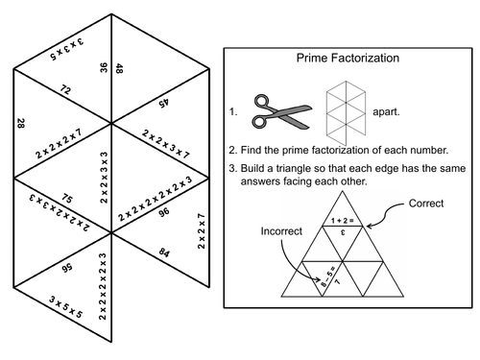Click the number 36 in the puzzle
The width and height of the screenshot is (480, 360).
(x=102, y=68)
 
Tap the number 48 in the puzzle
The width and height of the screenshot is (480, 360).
(x=120, y=68)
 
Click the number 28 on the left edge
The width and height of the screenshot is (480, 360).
(x=20, y=123)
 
